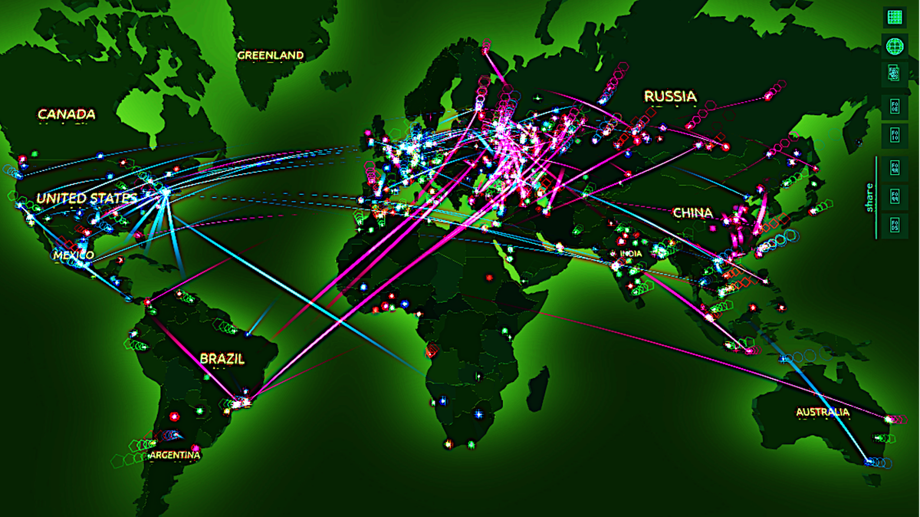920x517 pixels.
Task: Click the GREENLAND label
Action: pyautogui.click(x=270, y=55)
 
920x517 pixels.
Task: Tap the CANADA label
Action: pyautogui.click(x=67, y=114)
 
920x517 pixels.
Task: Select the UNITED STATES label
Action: pyautogui.click(x=86, y=198)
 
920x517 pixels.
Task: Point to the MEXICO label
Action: pyautogui.click(x=74, y=255)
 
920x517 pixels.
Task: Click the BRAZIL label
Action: pyautogui.click(x=222, y=358)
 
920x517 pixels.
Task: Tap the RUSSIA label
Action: pyautogui.click(x=670, y=96)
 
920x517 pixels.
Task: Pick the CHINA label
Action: pyautogui.click(x=692, y=212)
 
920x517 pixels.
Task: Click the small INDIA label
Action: pyautogui.click(x=632, y=254)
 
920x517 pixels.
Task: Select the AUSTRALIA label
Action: pyautogui.click(x=822, y=412)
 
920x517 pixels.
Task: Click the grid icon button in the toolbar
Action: pyautogui.click(x=893, y=16)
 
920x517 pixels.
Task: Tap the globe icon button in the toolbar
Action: pyautogui.click(x=893, y=46)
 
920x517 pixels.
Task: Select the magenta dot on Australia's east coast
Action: pyautogui.click(x=889, y=419)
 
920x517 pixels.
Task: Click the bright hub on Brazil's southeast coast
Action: pyautogui.click(x=242, y=401)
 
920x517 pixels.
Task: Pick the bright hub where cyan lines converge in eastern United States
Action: pyautogui.click(x=164, y=192)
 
